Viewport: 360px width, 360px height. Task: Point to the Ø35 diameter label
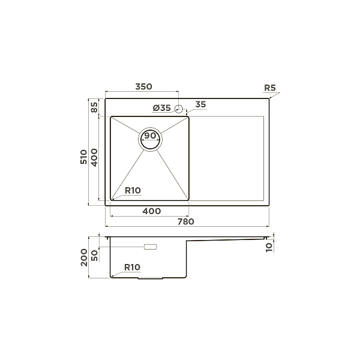coord(162,108)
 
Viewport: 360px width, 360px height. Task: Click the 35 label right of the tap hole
coord(200,104)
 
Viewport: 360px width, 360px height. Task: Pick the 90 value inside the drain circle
coord(150,136)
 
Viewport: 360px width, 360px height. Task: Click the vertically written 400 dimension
coord(94,158)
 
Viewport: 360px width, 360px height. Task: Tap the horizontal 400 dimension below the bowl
coord(151,211)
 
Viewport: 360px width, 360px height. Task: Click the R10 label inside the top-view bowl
coord(133,190)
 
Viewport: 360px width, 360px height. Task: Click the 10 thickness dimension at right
coord(269,245)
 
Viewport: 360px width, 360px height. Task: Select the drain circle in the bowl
coord(150,139)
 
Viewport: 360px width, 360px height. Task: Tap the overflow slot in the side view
coord(149,247)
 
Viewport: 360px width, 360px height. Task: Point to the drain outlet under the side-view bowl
coord(150,278)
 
